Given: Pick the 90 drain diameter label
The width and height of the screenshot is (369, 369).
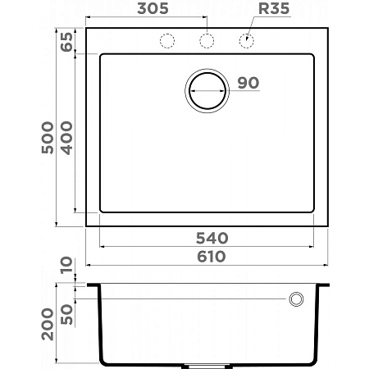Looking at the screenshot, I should (x=248, y=83).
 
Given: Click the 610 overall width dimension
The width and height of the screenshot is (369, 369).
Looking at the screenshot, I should (x=210, y=257).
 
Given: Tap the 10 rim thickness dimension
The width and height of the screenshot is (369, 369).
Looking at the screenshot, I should (x=66, y=267).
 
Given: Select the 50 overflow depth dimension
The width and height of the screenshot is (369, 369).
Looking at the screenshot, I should (x=66, y=313).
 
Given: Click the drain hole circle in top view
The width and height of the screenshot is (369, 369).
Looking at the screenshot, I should (x=207, y=90).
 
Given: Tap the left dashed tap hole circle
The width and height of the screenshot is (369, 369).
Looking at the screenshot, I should (x=167, y=41).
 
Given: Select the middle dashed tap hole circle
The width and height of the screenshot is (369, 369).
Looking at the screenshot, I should (x=207, y=41).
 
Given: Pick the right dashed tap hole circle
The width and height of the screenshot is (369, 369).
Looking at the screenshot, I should (x=246, y=41).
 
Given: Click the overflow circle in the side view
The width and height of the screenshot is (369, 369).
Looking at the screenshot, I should (x=295, y=299).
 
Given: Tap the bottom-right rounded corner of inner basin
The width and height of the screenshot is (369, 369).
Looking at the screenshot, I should (x=315, y=210).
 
